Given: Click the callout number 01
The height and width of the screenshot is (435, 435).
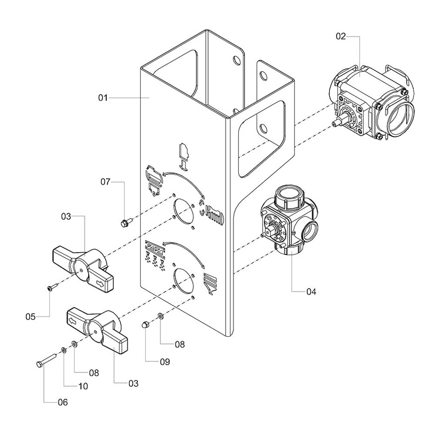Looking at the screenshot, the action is coord(103,98).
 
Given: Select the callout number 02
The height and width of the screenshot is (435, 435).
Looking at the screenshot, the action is coord(341,37).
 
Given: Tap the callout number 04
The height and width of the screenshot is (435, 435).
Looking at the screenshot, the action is coord(311,291).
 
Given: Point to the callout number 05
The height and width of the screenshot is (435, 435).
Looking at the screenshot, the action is coord(30,317).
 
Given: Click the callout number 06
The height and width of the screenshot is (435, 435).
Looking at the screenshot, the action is coord(63,402).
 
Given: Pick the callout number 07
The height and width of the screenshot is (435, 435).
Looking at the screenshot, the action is coord(105,182).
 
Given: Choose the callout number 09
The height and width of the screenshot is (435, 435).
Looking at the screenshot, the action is coord(165,362).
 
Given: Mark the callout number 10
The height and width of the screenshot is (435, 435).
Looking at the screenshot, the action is coord(83,386).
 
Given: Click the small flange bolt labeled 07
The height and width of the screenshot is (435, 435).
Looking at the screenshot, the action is coord(126,222).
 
